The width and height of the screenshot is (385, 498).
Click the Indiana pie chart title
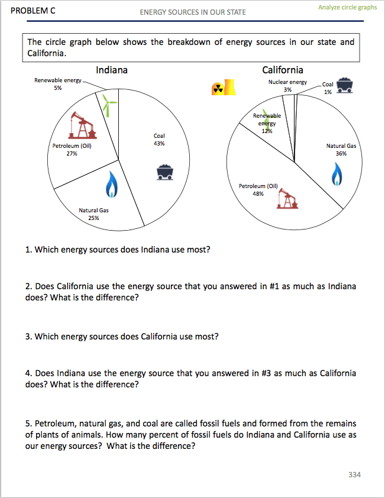pos(112,70)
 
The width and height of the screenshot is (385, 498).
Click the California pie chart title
pos(283,70)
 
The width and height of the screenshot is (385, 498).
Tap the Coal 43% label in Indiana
pos(158,140)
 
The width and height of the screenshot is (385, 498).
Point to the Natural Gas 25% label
pos(93,214)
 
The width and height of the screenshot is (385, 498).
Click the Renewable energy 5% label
pos(57,84)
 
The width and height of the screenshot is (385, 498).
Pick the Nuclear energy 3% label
pos(287,86)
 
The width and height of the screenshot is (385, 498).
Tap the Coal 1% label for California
pos(328,88)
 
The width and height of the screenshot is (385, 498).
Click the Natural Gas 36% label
pos(341,149)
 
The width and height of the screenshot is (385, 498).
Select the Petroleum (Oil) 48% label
pos(258,189)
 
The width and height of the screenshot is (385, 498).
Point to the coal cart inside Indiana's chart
pos(165,172)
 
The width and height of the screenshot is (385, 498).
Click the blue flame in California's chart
pos(337,174)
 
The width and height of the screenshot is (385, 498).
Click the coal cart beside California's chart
pos(347,86)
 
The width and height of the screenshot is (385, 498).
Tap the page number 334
pos(354,474)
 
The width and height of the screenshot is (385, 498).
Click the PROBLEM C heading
pos(29,11)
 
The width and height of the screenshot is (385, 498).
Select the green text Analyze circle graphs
pos(347,7)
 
